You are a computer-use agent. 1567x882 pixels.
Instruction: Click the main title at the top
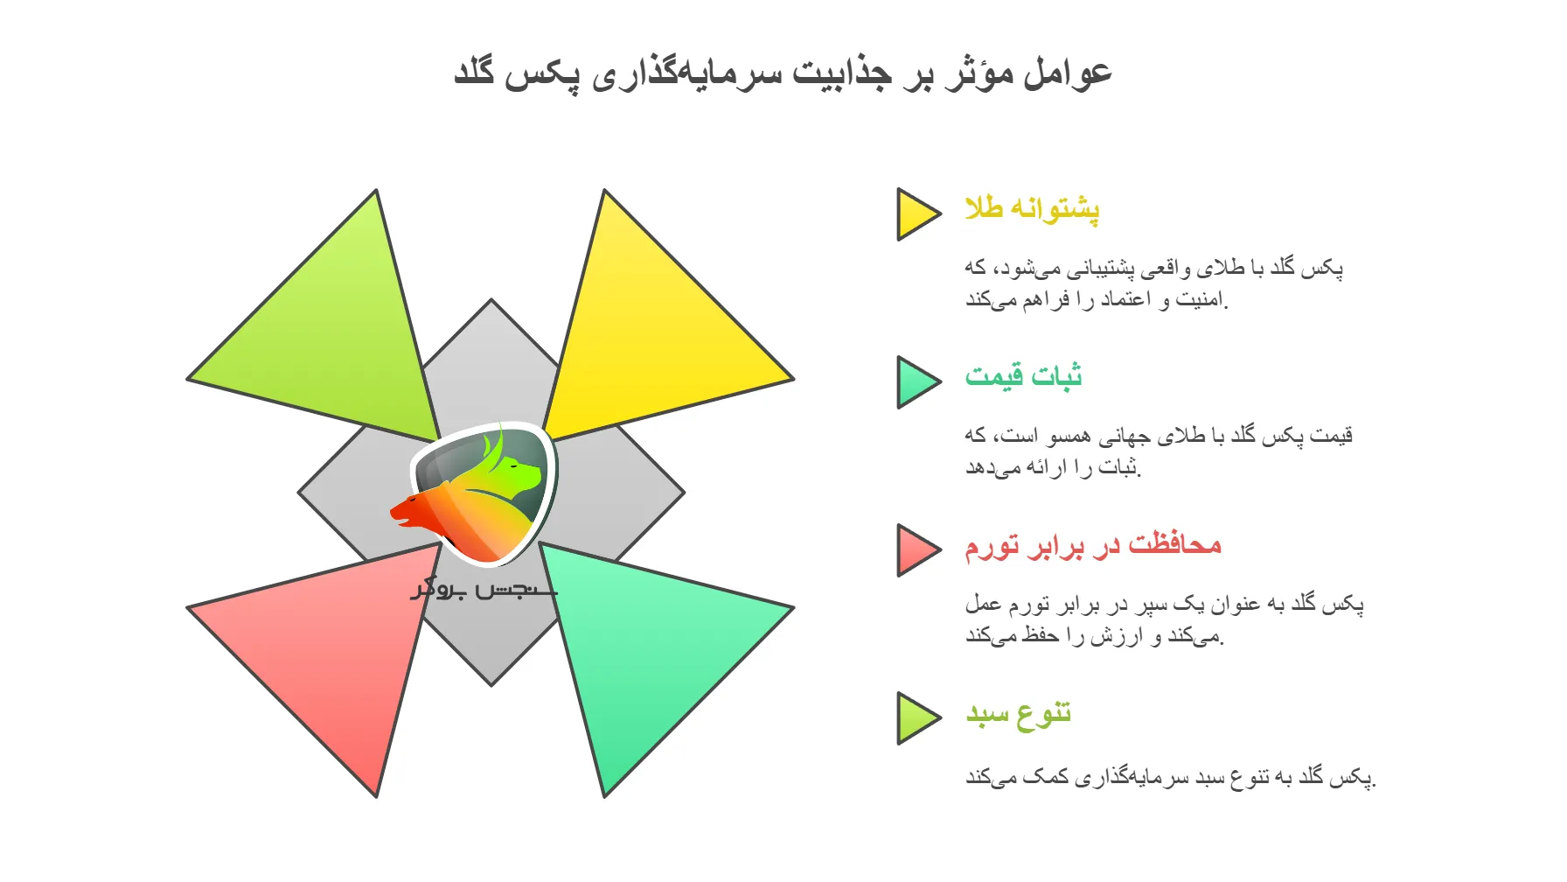tap(783, 72)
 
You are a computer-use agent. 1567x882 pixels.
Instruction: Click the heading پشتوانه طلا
tap(1032, 209)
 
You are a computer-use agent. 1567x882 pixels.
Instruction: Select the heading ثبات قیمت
tap(1023, 377)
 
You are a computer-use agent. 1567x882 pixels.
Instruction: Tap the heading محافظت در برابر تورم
tap(1093, 545)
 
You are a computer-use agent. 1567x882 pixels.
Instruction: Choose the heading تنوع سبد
tap(1019, 714)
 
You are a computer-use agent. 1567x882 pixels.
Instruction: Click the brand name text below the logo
tap(484, 589)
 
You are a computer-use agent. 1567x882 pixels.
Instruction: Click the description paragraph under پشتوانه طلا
tap(1154, 283)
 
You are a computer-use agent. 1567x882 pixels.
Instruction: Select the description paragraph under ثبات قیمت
tap(1159, 451)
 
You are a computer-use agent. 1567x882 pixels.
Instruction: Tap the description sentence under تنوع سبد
tap(1170, 777)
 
